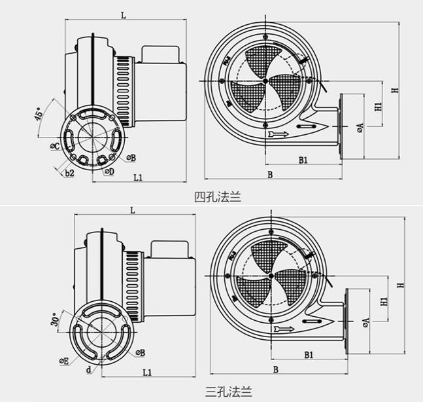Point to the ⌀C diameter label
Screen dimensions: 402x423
pyautogui.click(x=56, y=145)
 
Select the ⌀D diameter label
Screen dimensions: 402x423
pyautogui.click(x=110, y=172)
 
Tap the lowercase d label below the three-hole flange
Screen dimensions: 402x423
pyautogui.click(x=88, y=368)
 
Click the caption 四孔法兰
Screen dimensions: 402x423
pyautogui.click(x=217, y=196)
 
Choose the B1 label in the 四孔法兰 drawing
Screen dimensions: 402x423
pyautogui.click(x=303, y=159)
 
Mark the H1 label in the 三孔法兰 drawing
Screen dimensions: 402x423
pyautogui.click(x=384, y=301)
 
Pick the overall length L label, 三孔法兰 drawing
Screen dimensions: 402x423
pyautogui.click(x=132, y=210)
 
